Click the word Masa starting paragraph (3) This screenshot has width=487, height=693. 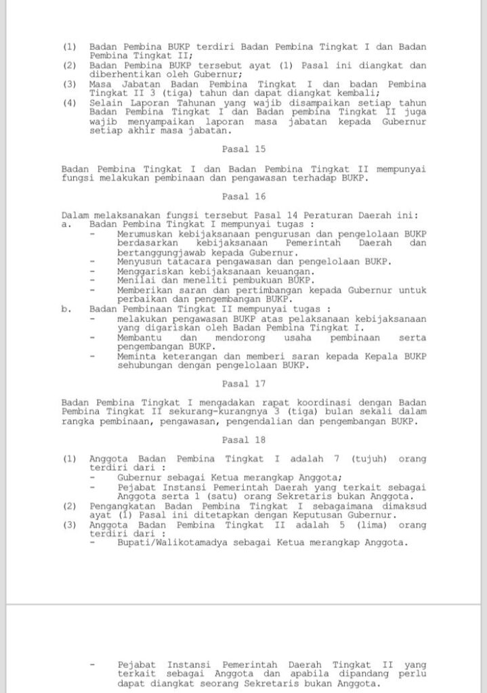[x=101, y=84]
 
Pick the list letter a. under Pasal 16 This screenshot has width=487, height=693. [x=66, y=224]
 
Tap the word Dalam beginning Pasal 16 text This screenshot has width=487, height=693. [x=75, y=215]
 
